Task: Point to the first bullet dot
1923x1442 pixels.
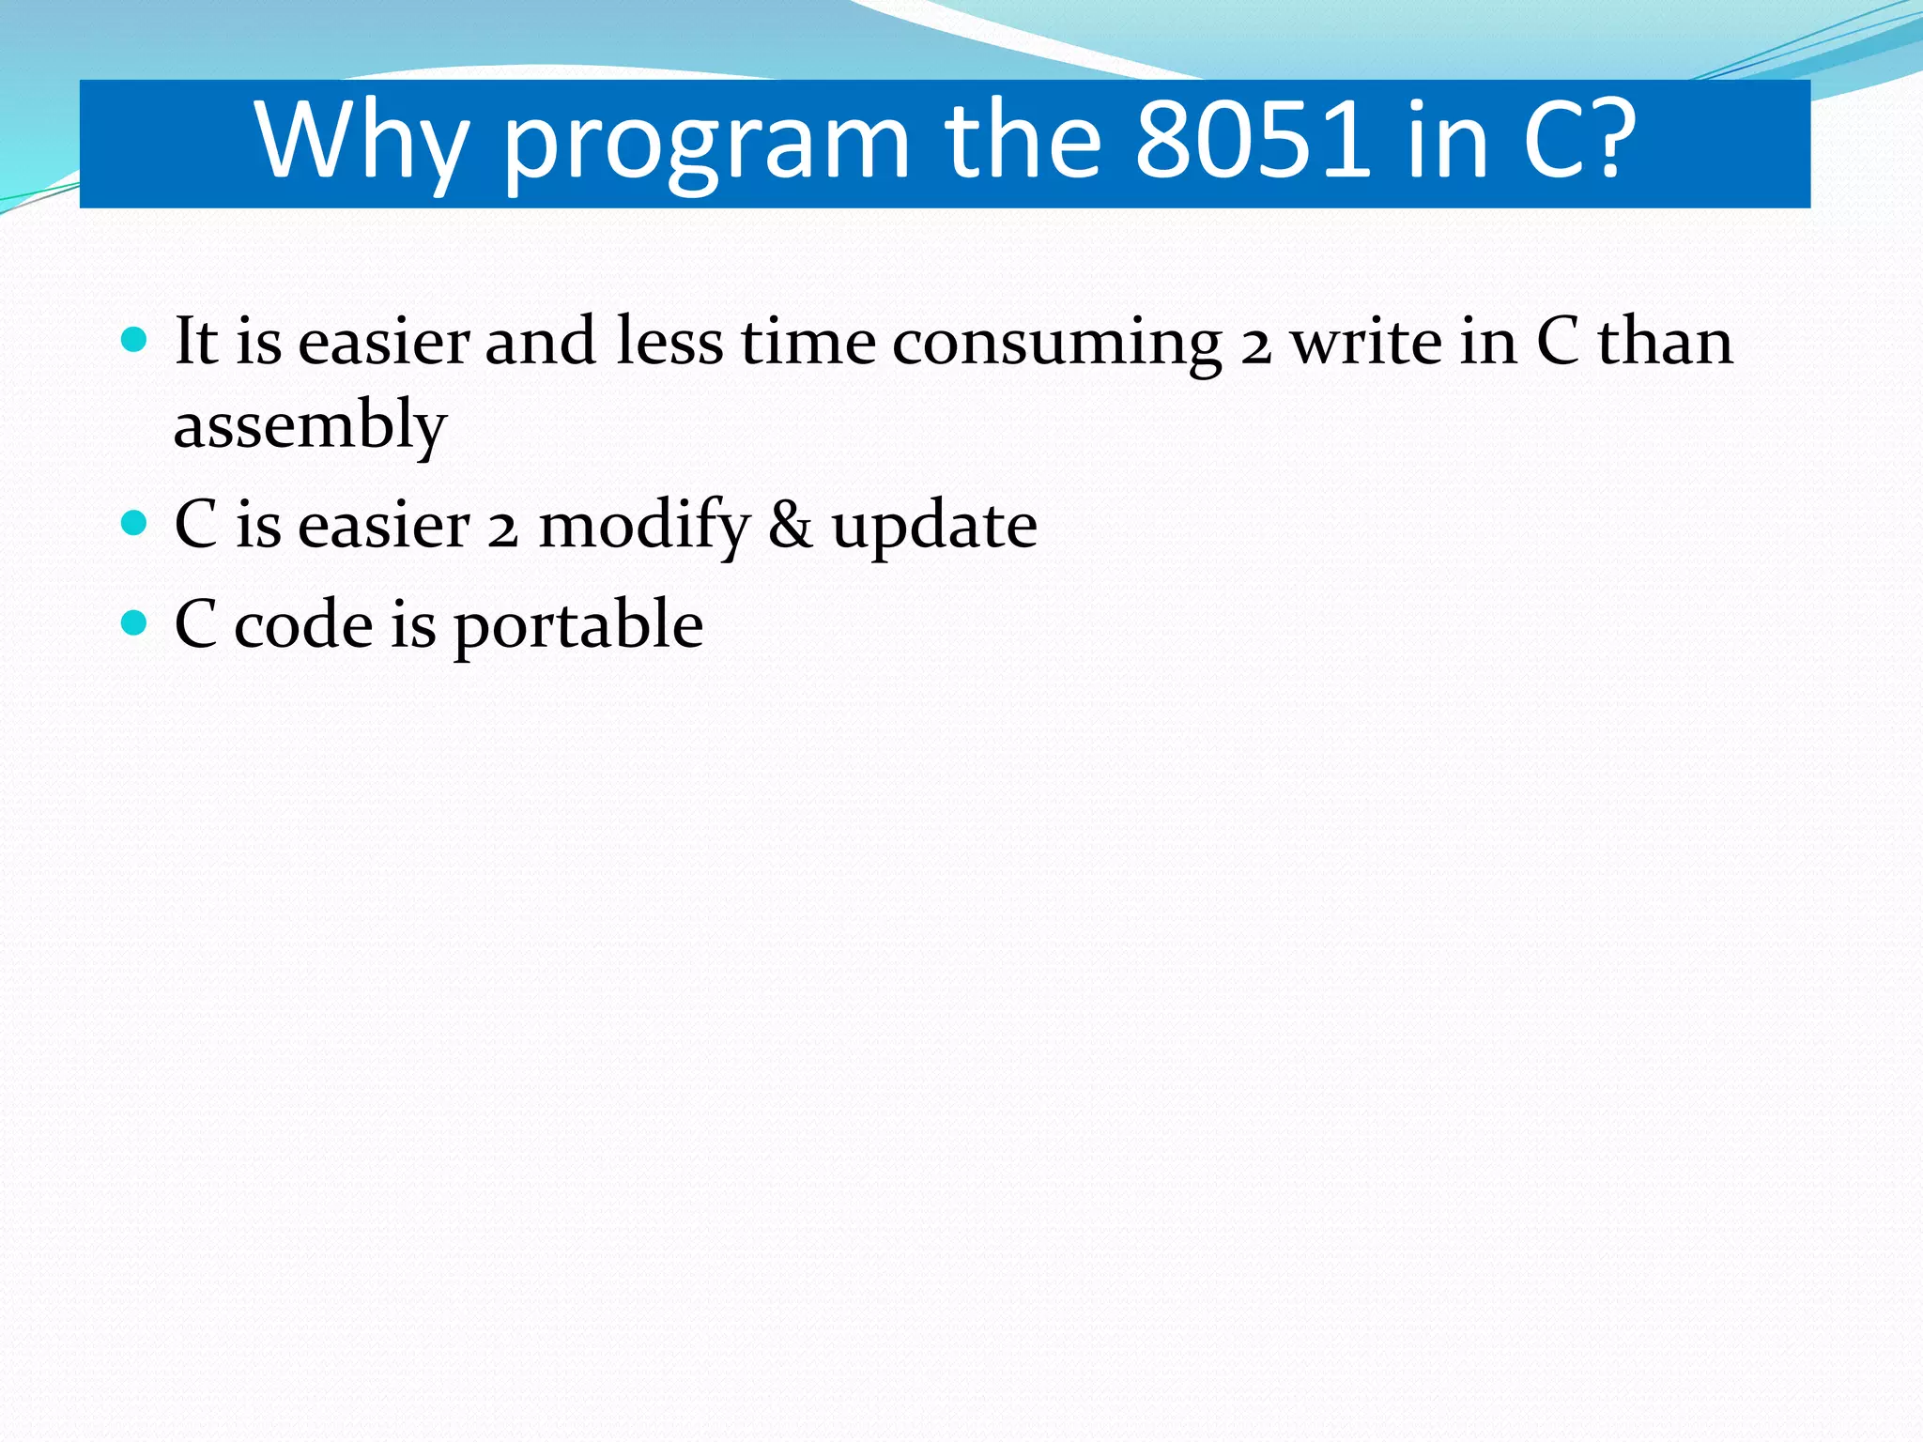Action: (x=135, y=339)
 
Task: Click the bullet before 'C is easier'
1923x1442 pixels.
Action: (x=135, y=522)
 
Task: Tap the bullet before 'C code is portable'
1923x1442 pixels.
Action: (x=135, y=621)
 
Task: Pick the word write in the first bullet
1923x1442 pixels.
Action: (x=1367, y=342)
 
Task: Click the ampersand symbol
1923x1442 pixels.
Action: (x=790, y=526)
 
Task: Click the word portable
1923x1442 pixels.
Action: (x=578, y=626)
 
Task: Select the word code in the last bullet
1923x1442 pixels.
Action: (x=303, y=625)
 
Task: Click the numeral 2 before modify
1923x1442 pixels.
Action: (x=503, y=529)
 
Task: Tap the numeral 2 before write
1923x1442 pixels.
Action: (x=1255, y=345)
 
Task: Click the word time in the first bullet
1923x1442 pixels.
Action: (x=808, y=342)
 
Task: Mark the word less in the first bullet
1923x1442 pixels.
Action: (x=669, y=342)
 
